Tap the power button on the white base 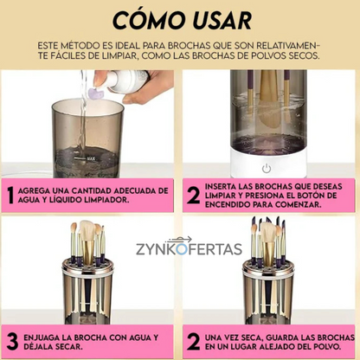267,169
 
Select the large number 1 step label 10,196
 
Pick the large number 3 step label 13,342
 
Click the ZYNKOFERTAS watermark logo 189,249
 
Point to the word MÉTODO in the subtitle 78,46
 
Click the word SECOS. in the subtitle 305,55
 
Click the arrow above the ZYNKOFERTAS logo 179,240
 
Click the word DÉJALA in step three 38,346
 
